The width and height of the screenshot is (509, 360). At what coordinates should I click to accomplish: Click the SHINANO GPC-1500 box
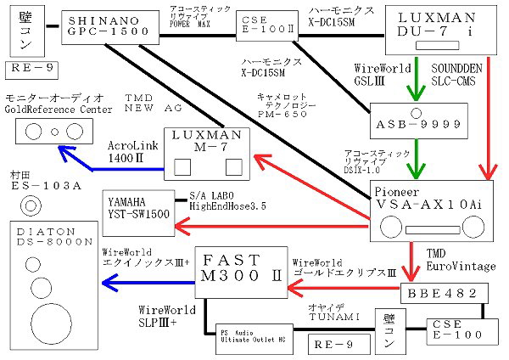pos(109,28)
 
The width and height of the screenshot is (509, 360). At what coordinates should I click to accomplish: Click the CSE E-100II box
pos(262,26)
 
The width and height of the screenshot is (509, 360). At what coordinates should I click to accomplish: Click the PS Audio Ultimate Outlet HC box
pos(248,336)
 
